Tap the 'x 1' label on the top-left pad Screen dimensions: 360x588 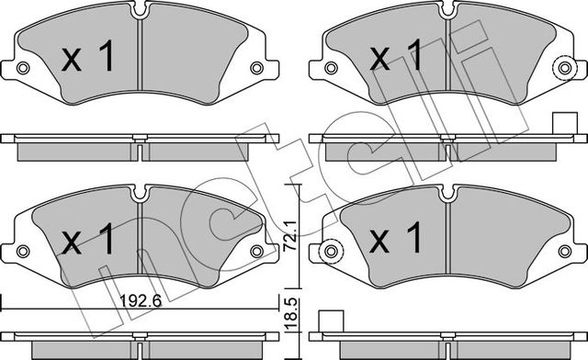pyautogui.click(x=88, y=60)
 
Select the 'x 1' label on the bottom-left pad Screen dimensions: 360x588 pyautogui.click(x=88, y=241)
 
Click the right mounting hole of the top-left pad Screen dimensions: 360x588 pyautogui.click(x=256, y=67)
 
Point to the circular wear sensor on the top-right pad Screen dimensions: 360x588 pyautogui.click(x=563, y=66)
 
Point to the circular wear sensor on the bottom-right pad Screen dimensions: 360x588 pyautogui.click(x=328, y=248)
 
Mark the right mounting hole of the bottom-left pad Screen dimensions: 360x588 pyautogui.click(x=256, y=248)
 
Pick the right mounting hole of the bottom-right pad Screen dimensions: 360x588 pyautogui.click(x=563, y=248)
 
